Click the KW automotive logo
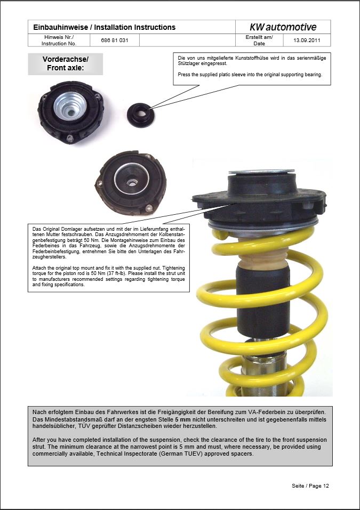[x=283, y=27]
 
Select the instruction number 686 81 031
[x=114, y=41]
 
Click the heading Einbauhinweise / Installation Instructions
[x=104, y=27]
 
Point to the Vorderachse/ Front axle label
[x=65, y=63]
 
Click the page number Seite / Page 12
[x=310, y=485]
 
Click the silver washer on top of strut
[x=261, y=172]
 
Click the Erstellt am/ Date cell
[x=259, y=41]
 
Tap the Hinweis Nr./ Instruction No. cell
[x=59, y=41]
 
